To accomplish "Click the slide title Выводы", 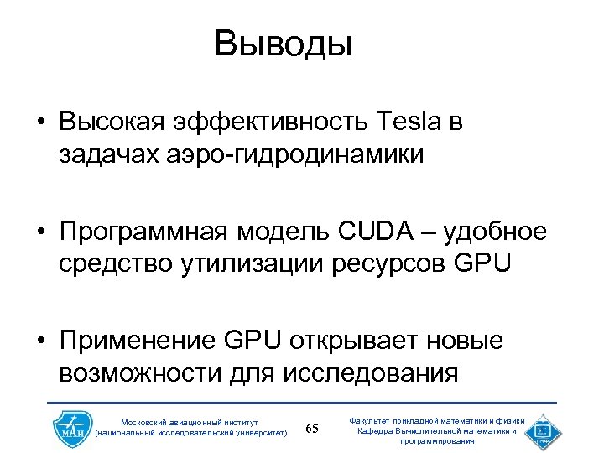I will pos(283,43).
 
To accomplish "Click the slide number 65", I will pos(312,429).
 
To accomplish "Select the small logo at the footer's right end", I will pos(539,429).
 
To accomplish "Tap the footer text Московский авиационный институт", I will pos(190,422).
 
